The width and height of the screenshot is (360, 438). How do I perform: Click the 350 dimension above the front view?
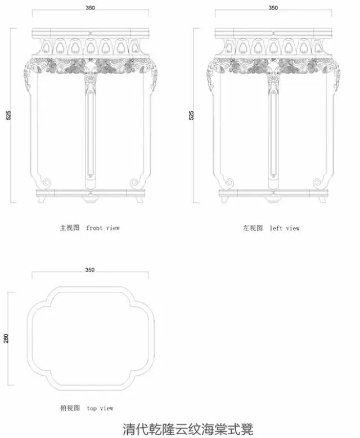(91, 8)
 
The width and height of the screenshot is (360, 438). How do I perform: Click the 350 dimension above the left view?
(273, 8)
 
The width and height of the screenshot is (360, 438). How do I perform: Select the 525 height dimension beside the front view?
(8, 115)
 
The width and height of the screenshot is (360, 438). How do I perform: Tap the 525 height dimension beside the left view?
(191, 115)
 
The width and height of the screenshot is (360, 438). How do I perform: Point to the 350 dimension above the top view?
(90, 270)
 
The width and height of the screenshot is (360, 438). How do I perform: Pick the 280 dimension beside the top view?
(6, 338)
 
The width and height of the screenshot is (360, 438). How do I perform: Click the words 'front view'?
(103, 228)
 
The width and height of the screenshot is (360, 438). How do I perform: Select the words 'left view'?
(285, 228)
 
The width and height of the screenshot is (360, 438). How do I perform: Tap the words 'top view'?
(100, 408)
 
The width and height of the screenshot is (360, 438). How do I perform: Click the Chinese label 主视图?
(70, 228)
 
